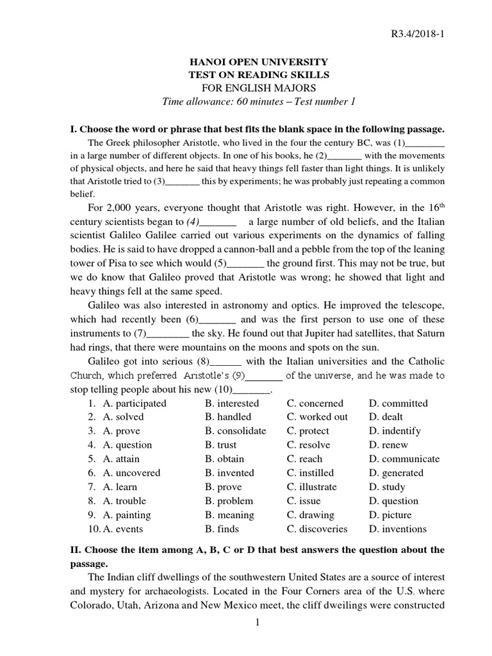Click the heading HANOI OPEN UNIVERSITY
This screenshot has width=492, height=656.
257,62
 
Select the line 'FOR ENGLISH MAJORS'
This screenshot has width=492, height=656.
257,88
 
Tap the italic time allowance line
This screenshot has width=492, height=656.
257,102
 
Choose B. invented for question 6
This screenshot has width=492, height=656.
229,473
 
